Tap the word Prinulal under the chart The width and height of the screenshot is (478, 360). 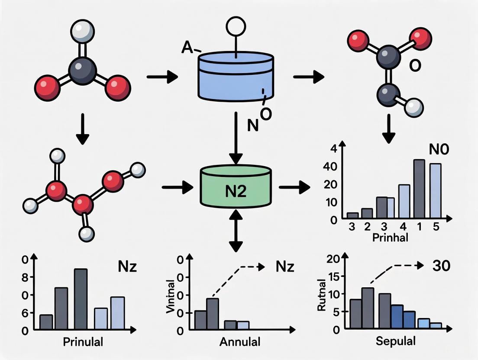click(83, 342)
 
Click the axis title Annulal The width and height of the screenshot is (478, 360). click(240, 342)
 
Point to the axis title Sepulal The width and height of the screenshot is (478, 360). click(396, 341)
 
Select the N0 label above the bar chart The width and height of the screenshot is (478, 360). click(439, 150)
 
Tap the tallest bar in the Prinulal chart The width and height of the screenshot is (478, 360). click(81, 299)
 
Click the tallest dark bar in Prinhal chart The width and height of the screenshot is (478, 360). click(419, 188)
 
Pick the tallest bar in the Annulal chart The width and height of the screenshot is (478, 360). click(212, 313)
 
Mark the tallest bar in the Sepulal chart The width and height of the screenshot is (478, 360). click(368, 308)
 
